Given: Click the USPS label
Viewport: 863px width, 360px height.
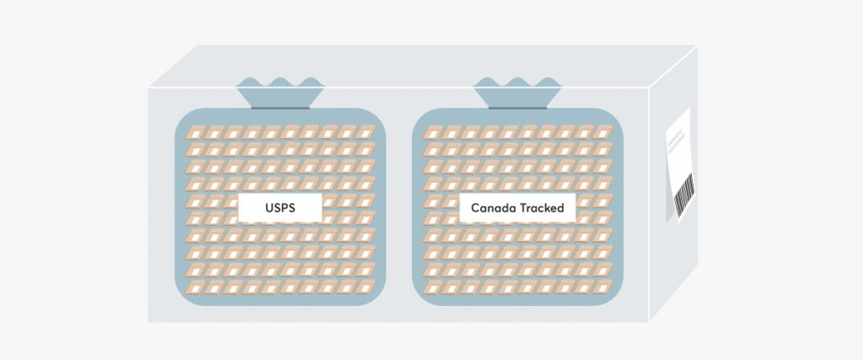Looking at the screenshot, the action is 280,207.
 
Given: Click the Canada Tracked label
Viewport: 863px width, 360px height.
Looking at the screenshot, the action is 517,207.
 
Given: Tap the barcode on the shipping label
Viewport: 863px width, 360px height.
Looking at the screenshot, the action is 684,196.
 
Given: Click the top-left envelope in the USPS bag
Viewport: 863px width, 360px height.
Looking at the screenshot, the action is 196,132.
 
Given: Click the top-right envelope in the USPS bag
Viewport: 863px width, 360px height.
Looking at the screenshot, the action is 365,132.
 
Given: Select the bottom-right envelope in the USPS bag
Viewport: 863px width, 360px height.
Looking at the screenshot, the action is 365,287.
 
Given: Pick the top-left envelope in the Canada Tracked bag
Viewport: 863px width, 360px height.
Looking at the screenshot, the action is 432,132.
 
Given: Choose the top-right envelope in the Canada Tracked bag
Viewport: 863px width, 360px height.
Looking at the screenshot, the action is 603,132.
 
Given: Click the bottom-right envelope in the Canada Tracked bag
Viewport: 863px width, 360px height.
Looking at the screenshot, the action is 603,287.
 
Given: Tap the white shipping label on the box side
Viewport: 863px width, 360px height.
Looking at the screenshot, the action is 681,165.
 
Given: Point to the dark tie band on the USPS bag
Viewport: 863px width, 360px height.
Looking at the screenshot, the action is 280,108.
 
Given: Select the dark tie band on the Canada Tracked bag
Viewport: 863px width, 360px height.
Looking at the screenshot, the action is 517,108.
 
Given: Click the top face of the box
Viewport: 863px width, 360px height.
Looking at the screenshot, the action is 424,66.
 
